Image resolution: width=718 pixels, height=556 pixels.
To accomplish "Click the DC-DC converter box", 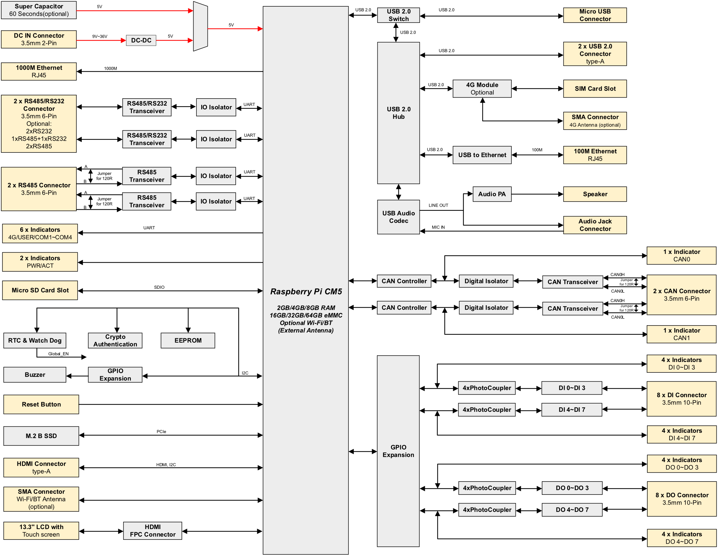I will click(141, 41).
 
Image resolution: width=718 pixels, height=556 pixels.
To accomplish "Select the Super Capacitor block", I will click(39, 10).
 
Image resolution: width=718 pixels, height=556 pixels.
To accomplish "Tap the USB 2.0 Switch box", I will click(399, 15).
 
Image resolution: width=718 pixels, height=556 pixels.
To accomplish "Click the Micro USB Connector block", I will click(595, 15).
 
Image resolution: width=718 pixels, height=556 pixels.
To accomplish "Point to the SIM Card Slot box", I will click(595, 89).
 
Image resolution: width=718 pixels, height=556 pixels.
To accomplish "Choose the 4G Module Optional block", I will click(482, 89).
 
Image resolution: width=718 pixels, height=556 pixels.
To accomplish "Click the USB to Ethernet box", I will click(482, 155).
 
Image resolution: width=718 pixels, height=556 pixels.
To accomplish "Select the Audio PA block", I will click(492, 194).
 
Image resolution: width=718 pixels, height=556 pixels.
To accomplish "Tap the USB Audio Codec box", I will click(399, 217).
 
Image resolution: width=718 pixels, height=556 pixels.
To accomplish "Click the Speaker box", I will click(595, 194).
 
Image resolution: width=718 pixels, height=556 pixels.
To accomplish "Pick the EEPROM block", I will click(188, 340).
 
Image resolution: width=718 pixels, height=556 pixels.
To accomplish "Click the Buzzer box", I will click(35, 374).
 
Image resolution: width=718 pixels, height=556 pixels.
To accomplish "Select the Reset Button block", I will click(41, 404).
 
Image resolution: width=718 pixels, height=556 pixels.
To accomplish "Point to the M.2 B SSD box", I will click(41, 436).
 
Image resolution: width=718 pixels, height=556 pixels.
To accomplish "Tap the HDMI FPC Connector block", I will click(152, 530).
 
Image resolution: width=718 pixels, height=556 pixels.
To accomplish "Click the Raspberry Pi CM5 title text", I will click(306, 291).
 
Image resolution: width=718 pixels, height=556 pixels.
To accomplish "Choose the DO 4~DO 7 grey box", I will click(572, 510).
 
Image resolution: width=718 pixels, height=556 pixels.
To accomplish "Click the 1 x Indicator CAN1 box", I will click(681, 334).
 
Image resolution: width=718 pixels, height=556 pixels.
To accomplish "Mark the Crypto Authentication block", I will click(115, 340).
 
